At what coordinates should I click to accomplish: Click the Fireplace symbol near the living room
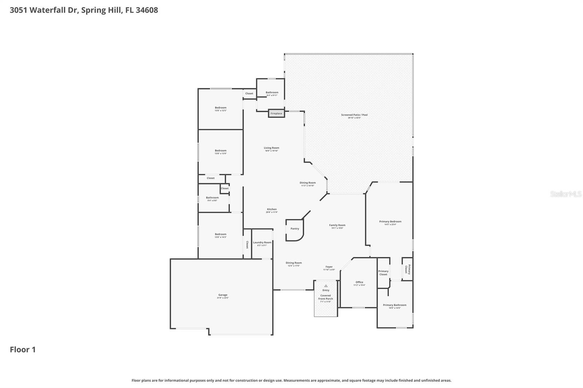click(x=276, y=113)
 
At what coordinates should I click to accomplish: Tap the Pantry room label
click(x=295, y=229)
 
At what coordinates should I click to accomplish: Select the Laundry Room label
click(x=262, y=242)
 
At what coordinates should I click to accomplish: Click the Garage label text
click(x=223, y=295)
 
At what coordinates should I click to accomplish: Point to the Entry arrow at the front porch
click(x=326, y=286)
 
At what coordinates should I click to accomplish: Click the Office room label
click(x=359, y=282)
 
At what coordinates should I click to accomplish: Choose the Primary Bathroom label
click(x=395, y=305)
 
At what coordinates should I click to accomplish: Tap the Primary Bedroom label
click(x=390, y=221)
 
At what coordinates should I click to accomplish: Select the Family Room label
click(x=337, y=225)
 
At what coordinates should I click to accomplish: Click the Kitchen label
click(x=272, y=209)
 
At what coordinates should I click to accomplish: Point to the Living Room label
click(x=271, y=148)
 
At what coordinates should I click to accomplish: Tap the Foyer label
click(x=328, y=267)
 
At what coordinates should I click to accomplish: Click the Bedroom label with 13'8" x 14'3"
click(x=220, y=234)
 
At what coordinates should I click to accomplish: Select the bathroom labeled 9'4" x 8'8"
click(x=212, y=198)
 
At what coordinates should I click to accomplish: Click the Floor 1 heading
click(x=23, y=349)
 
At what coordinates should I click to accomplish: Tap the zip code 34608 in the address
click(x=147, y=10)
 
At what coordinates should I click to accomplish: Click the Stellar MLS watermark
click(x=566, y=194)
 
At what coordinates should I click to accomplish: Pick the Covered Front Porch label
click(x=325, y=297)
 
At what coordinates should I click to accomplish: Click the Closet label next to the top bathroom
click(x=249, y=94)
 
